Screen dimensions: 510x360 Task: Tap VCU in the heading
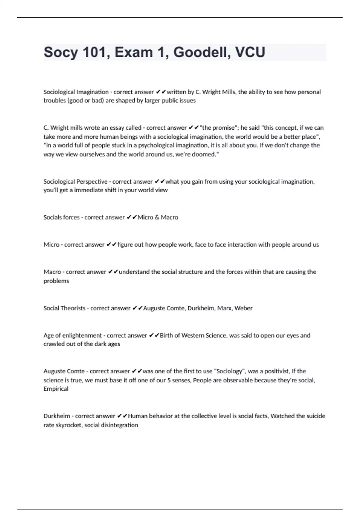click(250, 52)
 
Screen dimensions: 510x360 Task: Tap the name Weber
click(243, 308)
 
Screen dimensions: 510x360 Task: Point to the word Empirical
click(56, 389)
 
